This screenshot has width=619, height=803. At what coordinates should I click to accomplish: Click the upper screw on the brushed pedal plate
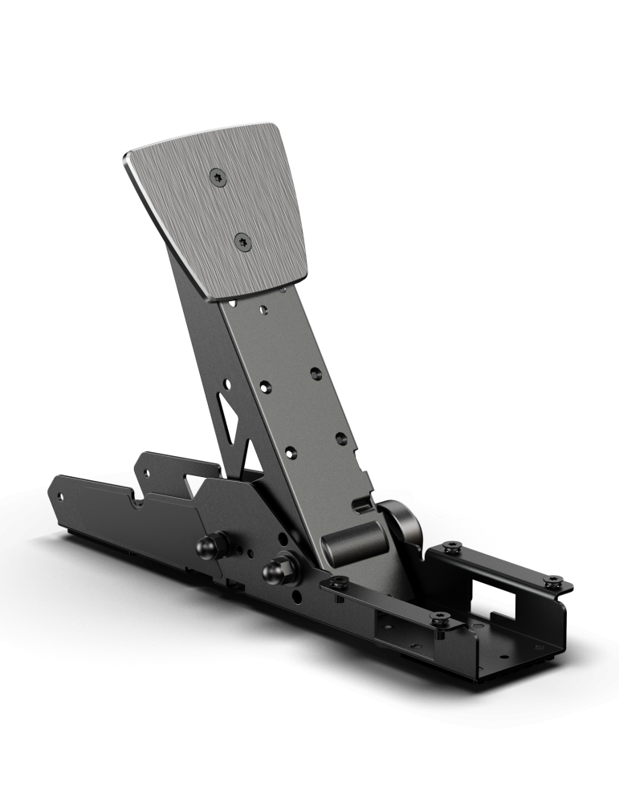[x=218, y=177]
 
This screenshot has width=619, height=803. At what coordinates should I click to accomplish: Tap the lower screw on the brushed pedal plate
[x=241, y=239]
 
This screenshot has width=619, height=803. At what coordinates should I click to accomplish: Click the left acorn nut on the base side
[x=205, y=547]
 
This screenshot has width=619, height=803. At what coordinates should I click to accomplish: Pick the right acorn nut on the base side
[x=274, y=572]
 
